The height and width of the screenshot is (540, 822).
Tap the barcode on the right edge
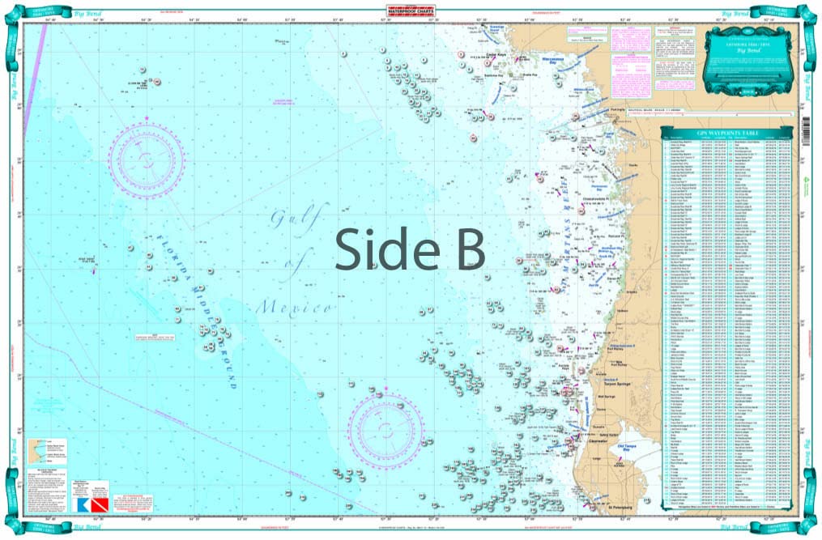(806, 129)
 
